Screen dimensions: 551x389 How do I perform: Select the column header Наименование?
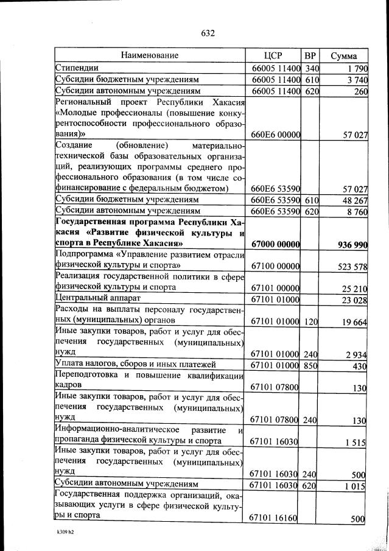coord(149,55)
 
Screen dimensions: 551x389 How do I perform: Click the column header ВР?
coord(311,55)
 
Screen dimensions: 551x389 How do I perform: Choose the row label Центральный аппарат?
coord(97,299)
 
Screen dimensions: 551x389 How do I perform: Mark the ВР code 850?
coord(312,365)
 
